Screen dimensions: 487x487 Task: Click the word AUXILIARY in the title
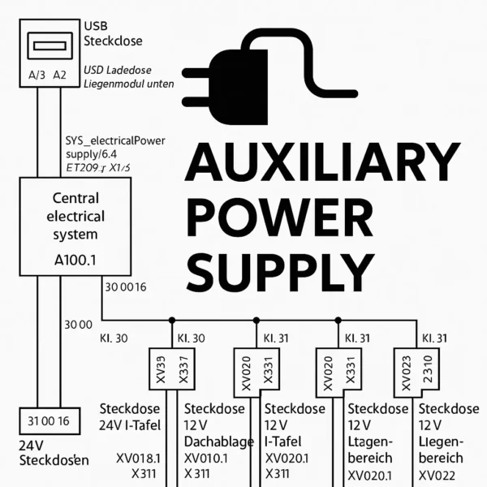[321, 163]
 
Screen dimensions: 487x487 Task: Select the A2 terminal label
[59, 75]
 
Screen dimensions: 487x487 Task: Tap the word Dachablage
[217, 441]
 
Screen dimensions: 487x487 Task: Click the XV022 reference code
[442, 476]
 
